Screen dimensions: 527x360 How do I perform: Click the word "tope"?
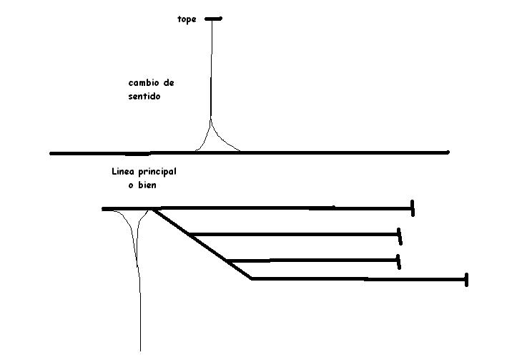click(187, 19)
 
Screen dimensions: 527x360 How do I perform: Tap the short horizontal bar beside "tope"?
click(213, 19)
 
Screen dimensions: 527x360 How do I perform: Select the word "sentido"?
click(144, 96)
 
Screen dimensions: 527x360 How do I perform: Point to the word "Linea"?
click(124, 171)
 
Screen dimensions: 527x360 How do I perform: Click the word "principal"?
click(157, 172)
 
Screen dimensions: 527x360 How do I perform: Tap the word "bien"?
click(147, 185)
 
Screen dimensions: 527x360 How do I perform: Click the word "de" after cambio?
click(168, 82)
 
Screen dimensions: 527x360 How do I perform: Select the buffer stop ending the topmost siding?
click(413, 208)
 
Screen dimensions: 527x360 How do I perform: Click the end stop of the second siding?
click(399, 236)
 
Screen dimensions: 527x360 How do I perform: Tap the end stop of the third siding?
click(398, 262)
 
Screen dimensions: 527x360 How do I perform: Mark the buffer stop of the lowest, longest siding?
click(466, 280)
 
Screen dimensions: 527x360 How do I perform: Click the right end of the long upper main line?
click(448, 152)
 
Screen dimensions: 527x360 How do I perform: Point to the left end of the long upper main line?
click(51, 153)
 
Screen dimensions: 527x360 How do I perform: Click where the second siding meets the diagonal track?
click(190, 234)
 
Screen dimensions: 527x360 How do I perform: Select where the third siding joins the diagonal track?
click(228, 261)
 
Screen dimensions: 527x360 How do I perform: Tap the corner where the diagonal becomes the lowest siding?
click(252, 278)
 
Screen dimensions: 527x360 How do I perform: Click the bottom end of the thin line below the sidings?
click(140, 351)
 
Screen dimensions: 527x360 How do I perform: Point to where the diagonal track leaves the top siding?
click(154, 209)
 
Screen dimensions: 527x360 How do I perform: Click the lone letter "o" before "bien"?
click(131, 185)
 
